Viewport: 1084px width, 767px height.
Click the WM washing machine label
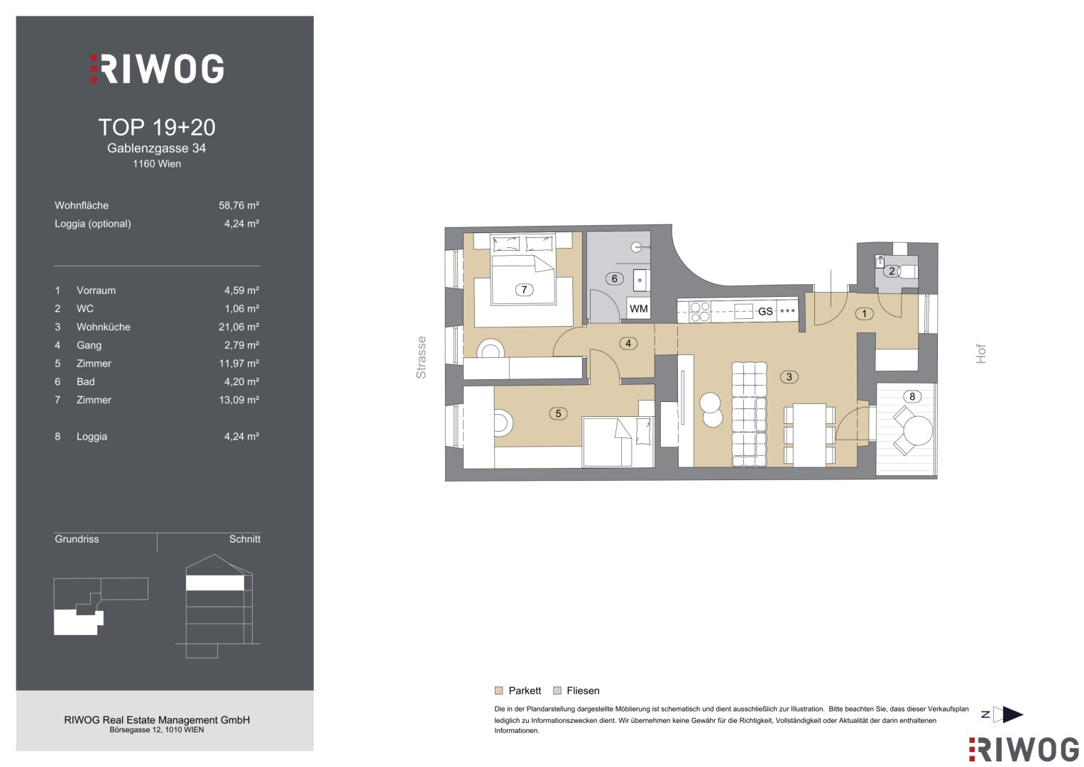pyautogui.click(x=638, y=309)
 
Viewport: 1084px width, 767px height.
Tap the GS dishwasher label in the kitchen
pyautogui.click(x=765, y=311)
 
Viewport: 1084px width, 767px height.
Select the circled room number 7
pyautogui.click(x=524, y=290)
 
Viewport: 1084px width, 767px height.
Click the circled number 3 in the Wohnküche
pyautogui.click(x=789, y=376)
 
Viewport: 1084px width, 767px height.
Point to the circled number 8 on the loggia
pyautogui.click(x=911, y=396)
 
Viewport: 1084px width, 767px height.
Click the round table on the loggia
pyautogui.click(x=918, y=430)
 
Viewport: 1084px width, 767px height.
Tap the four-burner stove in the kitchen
pyautogui.click(x=699, y=312)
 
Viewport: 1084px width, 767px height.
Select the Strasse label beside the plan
pyautogui.click(x=421, y=357)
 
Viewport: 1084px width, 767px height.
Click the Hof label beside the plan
pyautogui.click(x=980, y=354)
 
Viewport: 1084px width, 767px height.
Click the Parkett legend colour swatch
pyautogui.click(x=499, y=690)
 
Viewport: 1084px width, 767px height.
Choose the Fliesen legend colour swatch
pyautogui.click(x=557, y=690)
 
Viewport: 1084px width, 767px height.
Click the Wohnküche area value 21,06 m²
pyautogui.click(x=239, y=327)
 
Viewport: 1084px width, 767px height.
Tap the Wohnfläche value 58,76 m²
pyautogui.click(x=239, y=205)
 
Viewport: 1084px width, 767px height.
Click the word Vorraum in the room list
pyautogui.click(x=96, y=290)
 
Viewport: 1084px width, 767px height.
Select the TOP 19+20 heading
pyautogui.click(x=157, y=127)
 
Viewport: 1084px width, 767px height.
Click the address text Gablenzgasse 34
pyautogui.click(x=156, y=148)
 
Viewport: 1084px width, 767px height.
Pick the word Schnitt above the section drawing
pyautogui.click(x=244, y=539)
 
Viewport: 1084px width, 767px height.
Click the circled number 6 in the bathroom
pyautogui.click(x=614, y=278)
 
